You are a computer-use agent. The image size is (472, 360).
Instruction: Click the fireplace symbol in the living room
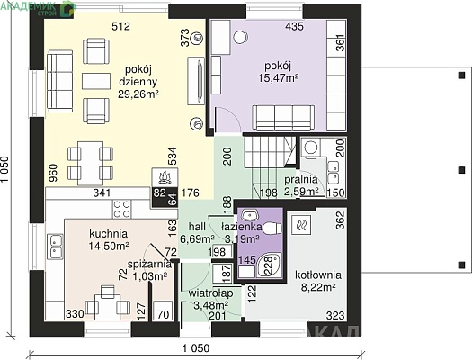165,177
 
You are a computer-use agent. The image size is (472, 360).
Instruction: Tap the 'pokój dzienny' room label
138,76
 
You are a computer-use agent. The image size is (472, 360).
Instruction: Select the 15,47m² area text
279,78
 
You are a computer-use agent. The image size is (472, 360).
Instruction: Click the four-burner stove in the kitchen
122,209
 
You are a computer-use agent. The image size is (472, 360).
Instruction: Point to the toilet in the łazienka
272,229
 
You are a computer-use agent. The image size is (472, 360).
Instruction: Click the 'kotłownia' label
318,275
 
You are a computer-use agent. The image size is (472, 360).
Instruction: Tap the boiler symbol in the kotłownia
301,225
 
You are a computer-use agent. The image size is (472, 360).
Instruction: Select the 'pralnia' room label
301,179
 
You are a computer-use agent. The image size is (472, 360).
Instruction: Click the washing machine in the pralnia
310,148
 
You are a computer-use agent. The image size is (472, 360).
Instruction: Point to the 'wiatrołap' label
210,293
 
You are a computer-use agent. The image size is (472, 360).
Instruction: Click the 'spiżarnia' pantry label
149,265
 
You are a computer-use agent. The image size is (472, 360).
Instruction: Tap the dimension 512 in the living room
120,26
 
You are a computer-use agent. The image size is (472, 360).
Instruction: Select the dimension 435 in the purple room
294,26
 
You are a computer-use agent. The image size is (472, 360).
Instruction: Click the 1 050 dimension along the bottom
196,348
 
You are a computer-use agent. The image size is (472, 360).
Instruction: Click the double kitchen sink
55,247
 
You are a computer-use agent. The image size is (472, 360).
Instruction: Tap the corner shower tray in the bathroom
270,265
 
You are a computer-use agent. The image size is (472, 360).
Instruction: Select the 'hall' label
197,227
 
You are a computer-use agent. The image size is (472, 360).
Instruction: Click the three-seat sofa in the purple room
283,118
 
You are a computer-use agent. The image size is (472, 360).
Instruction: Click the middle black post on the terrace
461,170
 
